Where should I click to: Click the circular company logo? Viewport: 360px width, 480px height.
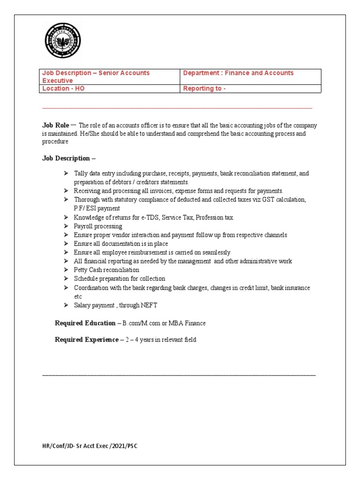click(x=62, y=41)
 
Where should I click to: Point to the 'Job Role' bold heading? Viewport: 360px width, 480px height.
click(x=56, y=125)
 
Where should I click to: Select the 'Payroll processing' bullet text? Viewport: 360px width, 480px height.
click(x=98, y=226)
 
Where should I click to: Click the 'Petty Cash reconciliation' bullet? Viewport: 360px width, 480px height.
click(x=106, y=270)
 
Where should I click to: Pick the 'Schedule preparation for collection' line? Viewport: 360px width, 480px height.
click(x=120, y=278)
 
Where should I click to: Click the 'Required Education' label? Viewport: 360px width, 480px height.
click(x=85, y=323)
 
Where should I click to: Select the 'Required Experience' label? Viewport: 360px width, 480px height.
click(x=87, y=340)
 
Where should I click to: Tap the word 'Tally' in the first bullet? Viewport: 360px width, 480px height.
click(x=82, y=173)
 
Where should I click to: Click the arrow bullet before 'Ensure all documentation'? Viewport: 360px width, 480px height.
click(x=66, y=244)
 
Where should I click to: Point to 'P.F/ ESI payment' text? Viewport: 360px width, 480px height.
click(x=97, y=208)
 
